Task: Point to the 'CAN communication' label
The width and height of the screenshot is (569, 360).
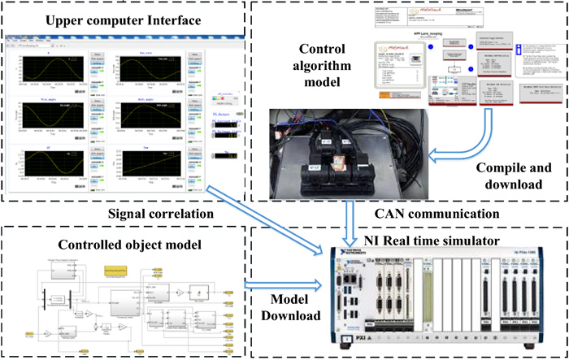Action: (x=415, y=214)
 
